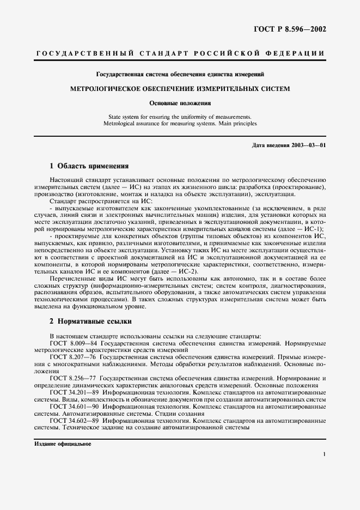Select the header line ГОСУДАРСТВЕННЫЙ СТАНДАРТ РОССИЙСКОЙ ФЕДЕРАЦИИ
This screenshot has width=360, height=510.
pos(180,53)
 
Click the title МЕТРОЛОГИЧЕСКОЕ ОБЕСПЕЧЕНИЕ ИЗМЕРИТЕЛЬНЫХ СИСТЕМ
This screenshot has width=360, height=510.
pos(180,88)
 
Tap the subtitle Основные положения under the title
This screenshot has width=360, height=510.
pos(180,102)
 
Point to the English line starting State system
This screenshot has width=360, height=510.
pos(180,117)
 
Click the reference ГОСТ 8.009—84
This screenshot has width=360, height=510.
pos(70,343)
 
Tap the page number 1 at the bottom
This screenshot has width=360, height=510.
pos(324,454)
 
